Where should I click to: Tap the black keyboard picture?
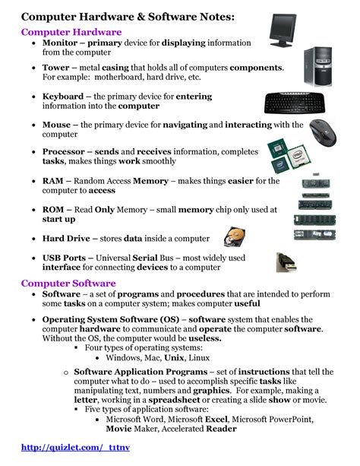299,103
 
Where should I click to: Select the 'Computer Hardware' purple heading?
71,32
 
